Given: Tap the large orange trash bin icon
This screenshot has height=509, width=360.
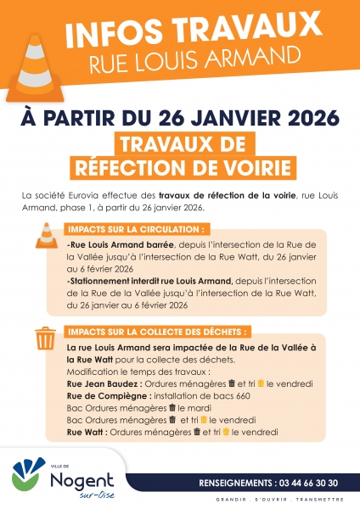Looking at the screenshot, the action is click(45, 339).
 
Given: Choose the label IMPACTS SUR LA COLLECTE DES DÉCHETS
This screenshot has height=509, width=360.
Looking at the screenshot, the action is click(158, 331).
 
